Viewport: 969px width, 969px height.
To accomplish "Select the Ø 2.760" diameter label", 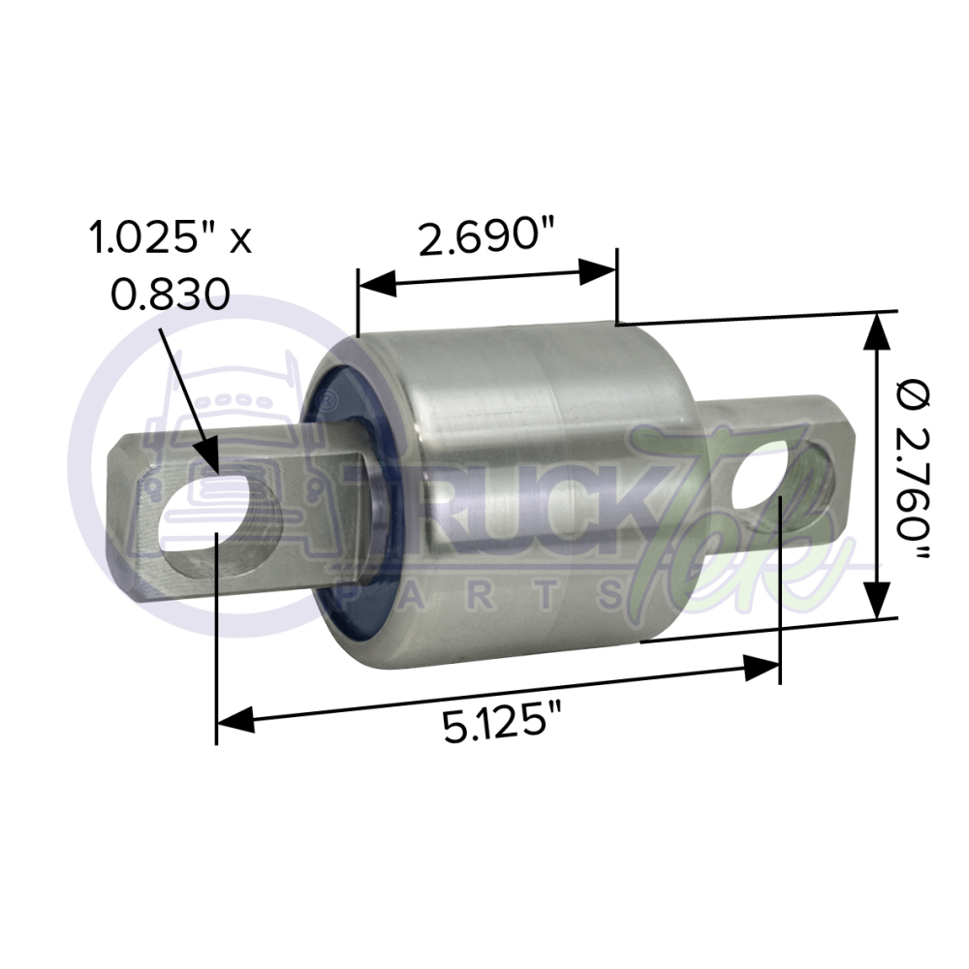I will coord(915,466).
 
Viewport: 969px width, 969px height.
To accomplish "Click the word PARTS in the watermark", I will coord(484,592).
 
